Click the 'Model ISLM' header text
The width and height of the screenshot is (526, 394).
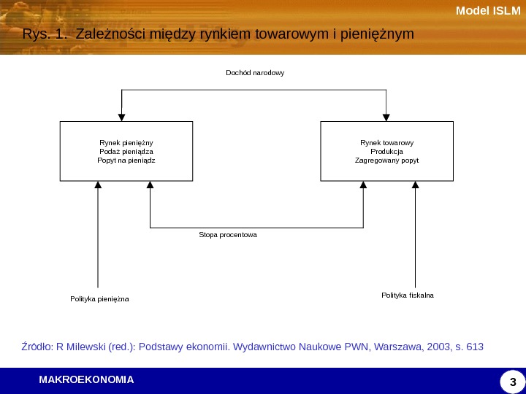488,10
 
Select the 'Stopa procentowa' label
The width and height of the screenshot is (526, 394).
228,236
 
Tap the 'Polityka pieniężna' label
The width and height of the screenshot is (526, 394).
99,299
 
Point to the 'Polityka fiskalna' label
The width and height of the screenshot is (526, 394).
408,295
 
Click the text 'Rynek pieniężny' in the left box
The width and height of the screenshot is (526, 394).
126,143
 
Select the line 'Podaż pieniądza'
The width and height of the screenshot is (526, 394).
126,151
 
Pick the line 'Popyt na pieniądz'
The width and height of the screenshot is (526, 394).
126,159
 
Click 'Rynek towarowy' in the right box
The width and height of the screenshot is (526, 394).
386,143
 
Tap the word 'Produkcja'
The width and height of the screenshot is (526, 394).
386,151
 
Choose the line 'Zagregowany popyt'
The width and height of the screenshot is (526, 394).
386,159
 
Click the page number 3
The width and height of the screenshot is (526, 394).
512,382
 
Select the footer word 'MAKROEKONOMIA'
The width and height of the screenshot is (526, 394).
86,379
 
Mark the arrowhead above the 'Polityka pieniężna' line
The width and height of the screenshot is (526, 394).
98,185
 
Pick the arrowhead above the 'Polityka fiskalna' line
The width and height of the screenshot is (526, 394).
415,185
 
